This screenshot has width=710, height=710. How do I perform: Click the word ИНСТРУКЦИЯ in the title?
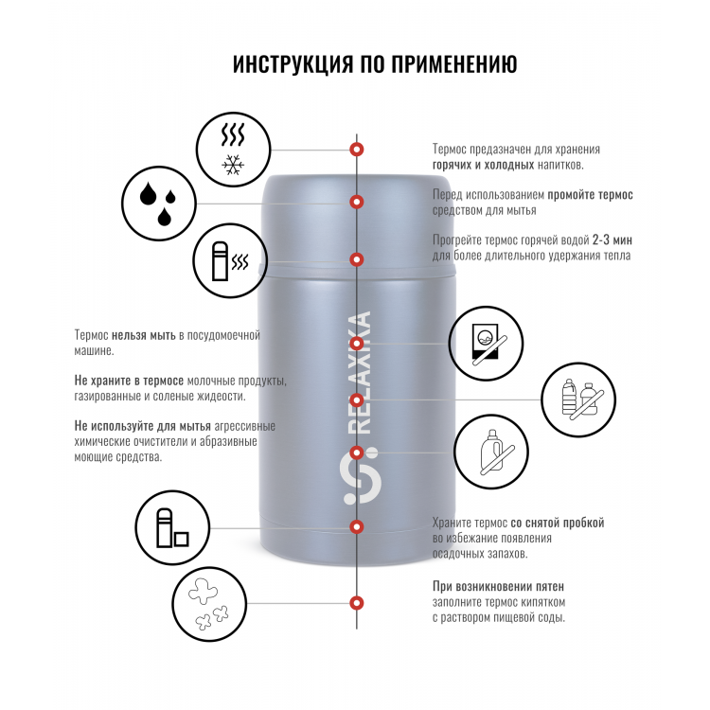(293, 63)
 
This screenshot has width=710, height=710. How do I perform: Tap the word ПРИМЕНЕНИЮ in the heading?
(454, 63)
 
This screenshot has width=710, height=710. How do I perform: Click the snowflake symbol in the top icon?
(233, 166)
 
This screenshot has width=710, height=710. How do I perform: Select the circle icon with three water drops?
(158, 204)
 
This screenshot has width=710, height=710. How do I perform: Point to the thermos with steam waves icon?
(230, 261)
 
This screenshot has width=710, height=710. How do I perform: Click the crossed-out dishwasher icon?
(486, 344)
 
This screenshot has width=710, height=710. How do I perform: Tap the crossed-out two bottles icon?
(578, 399)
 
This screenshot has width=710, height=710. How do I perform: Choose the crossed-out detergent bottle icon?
(491, 452)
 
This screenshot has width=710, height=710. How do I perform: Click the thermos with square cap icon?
(172, 527)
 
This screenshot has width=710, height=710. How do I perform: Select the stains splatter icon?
(209, 604)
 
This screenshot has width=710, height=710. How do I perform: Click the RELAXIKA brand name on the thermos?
(361, 373)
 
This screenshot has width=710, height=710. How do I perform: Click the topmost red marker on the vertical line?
(357, 149)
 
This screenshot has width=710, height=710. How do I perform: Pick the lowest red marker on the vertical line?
(357, 603)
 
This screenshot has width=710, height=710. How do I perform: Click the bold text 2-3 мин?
(612, 240)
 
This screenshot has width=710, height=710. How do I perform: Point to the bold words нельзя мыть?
(144, 335)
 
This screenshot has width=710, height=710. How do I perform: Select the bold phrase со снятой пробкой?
(558, 523)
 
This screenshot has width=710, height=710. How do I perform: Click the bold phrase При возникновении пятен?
(498, 586)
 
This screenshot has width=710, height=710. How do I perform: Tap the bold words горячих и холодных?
(483, 165)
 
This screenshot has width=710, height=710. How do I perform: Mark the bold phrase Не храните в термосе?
(129, 381)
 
